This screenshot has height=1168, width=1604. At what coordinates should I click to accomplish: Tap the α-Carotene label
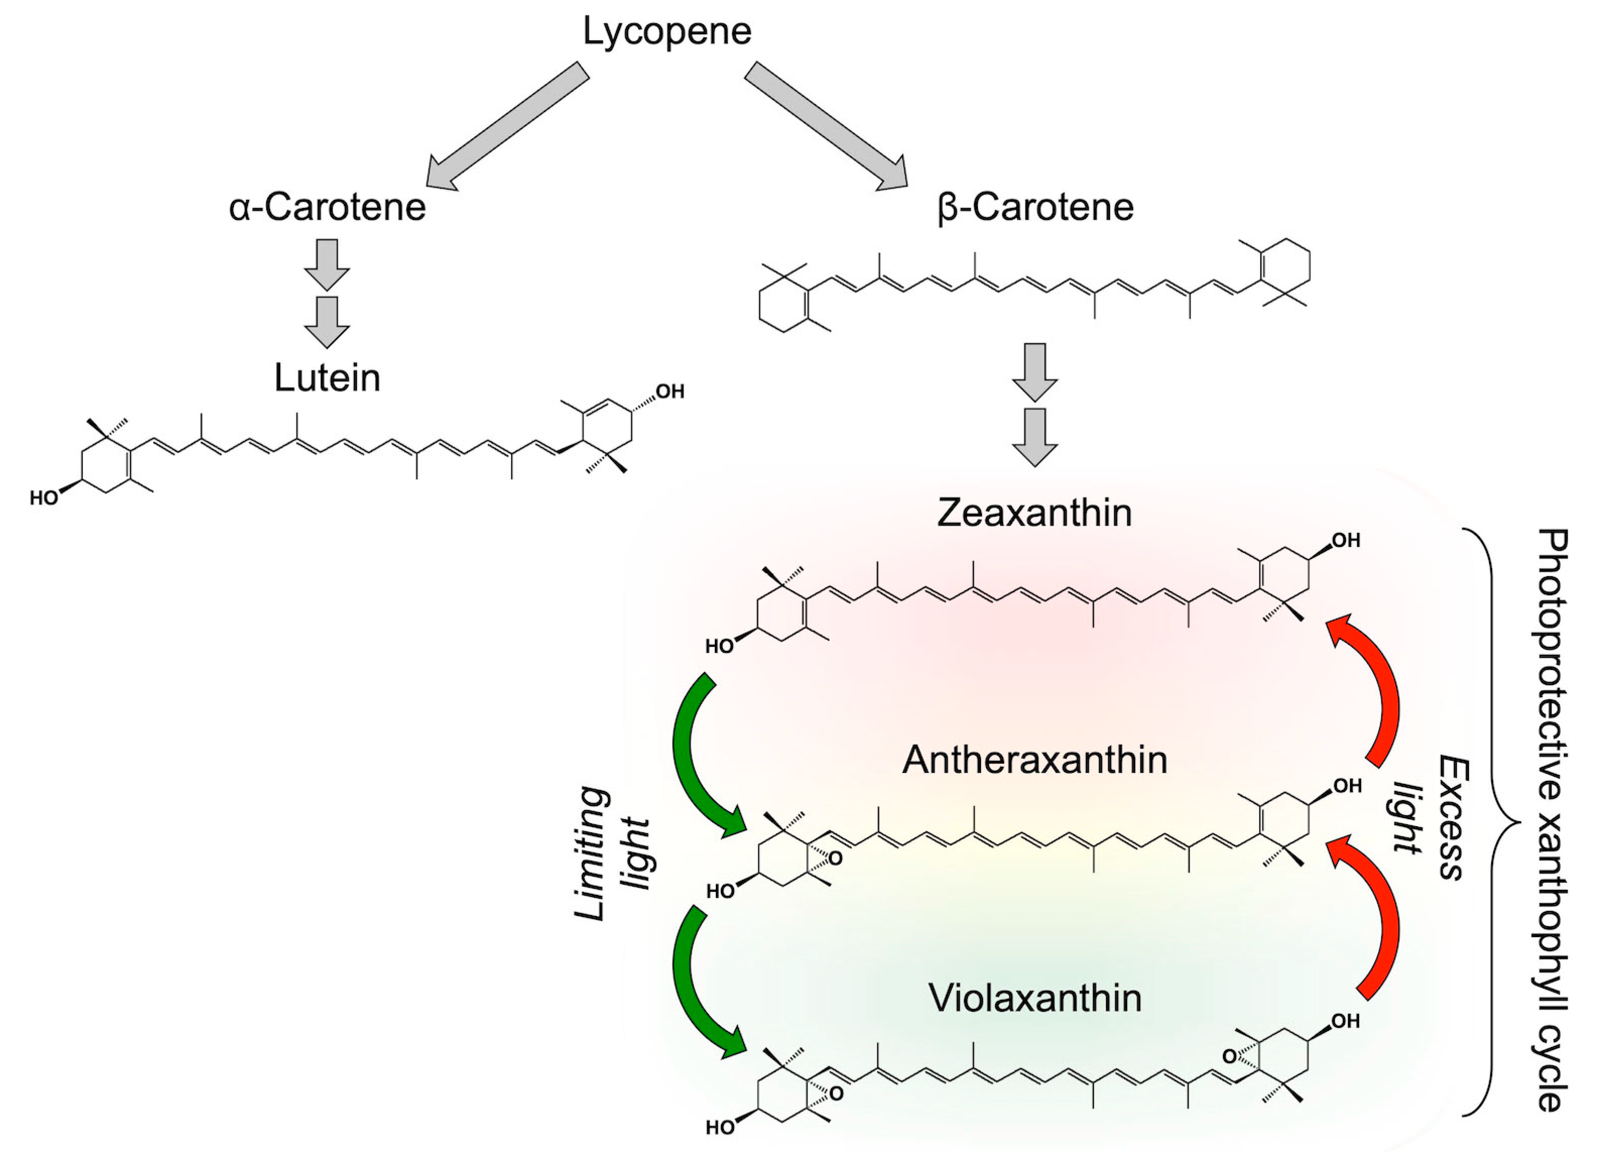[x=328, y=207]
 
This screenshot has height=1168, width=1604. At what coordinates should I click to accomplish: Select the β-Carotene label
[x=1035, y=207]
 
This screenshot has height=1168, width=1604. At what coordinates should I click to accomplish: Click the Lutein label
[x=328, y=379]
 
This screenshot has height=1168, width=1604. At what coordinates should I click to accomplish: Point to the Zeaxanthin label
[x=1035, y=513]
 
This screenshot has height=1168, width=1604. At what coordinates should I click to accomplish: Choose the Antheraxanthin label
[x=1035, y=761]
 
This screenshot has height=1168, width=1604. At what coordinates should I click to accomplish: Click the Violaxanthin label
[x=1035, y=998]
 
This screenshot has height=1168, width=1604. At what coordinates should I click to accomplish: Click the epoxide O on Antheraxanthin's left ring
[x=836, y=859]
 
